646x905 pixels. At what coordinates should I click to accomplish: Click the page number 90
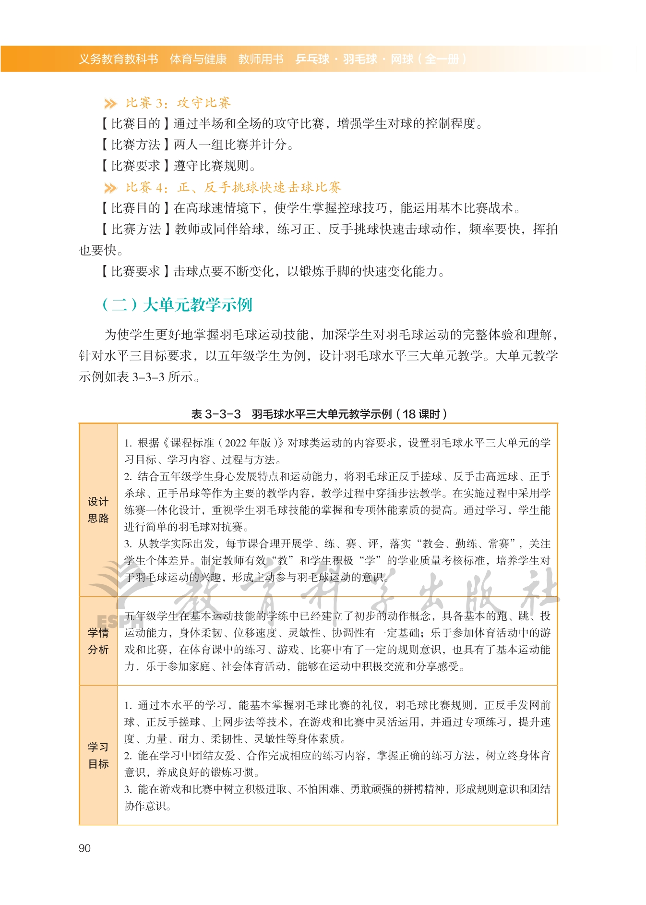coord(84,848)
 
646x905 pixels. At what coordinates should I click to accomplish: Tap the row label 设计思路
coord(98,510)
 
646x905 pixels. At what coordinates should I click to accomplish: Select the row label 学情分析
coord(98,641)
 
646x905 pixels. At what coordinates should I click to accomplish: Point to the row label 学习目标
coord(98,755)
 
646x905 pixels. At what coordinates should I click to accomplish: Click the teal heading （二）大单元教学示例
coord(177,304)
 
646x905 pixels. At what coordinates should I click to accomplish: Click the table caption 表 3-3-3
coord(215,414)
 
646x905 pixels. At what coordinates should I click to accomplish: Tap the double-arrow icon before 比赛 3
coord(110,103)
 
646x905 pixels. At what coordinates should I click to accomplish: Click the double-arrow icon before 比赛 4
coord(110,188)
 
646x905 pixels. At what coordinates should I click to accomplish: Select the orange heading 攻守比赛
coord(203,103)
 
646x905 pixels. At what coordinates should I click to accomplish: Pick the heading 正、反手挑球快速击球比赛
coord(259,187)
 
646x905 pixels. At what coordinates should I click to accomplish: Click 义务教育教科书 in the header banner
coord(118,59)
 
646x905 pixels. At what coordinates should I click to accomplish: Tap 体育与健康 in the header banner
coord(198,59)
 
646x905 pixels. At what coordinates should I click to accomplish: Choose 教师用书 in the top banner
coord(261,59)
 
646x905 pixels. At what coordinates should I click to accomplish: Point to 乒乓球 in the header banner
coord(312,59)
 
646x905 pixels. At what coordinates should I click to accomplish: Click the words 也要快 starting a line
coord(98,250)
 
